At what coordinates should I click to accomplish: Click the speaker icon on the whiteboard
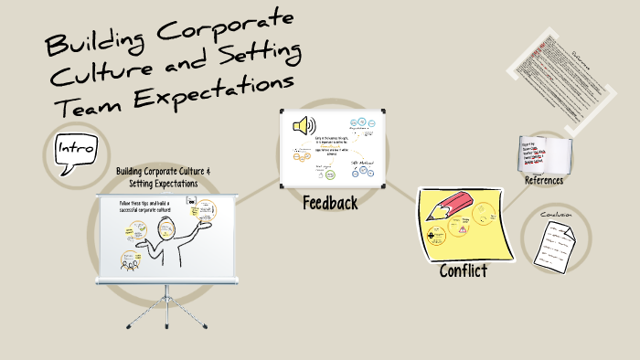tap(304, 125)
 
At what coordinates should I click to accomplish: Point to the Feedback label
tap(329, 202)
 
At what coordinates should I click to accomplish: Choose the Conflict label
tap(464, 270)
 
